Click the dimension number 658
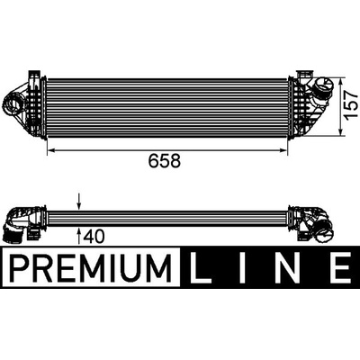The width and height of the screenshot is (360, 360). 165,161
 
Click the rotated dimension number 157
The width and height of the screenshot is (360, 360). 351,105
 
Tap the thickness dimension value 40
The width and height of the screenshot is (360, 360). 94,236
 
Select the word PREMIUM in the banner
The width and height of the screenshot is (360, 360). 91,266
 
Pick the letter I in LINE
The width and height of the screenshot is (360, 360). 242,266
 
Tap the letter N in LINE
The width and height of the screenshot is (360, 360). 290,266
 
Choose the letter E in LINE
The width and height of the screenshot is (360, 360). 340,266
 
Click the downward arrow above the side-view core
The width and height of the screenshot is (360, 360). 78,201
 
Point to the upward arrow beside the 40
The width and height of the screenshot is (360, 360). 78,236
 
